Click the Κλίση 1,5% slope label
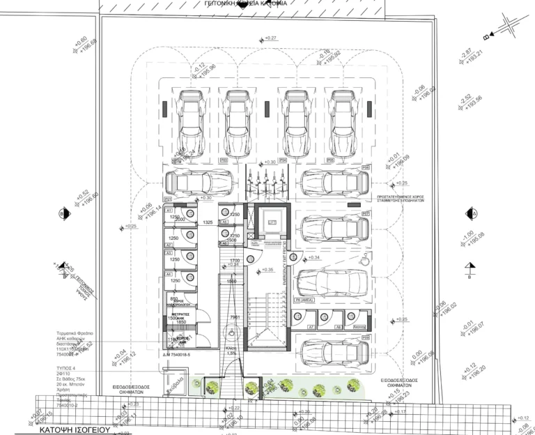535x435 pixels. point(231,349)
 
